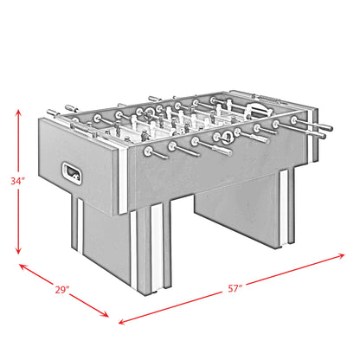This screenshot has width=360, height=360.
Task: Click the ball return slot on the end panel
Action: click(73, 174)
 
